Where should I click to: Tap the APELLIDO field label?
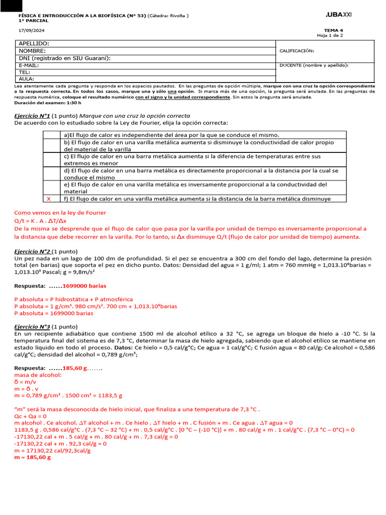click(34, 44)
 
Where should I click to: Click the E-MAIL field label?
click(29, 65)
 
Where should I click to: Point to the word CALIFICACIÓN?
click(297, 51)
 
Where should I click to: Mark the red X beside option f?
click(48, 199)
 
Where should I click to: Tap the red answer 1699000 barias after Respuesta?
click(84, 286)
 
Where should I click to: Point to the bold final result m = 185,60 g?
click(32, 458)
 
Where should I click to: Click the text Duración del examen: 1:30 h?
click(48, 103)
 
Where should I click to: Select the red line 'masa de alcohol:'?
click(38, 375)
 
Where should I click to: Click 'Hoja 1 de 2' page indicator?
click(330, 36)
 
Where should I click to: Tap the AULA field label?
click(26, 79)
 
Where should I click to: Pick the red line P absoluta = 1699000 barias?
click(54, 313)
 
